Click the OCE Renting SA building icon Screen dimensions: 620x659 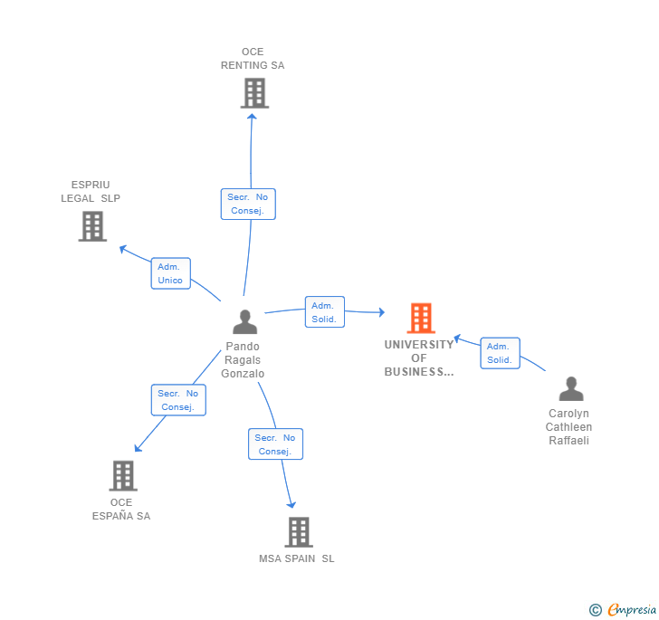[254, 93]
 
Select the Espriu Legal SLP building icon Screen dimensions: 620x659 [92, 226]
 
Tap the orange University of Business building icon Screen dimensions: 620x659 [420, 318]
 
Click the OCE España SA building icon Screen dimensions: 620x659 [122, 475]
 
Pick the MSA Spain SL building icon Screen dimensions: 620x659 [298, 532]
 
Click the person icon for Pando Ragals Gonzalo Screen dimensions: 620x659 [244, 322]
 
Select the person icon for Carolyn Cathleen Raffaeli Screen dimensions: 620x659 [571, 389]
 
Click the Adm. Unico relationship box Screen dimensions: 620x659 [170, 273]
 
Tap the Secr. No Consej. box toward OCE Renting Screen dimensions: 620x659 [248, 204]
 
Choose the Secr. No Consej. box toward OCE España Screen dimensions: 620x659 [178, 400]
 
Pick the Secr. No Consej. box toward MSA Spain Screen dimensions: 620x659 [275, 444]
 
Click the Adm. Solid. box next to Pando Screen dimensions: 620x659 [324, 312]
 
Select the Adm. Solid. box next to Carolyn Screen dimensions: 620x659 [500, 353]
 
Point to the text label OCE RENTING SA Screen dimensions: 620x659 [253, 59]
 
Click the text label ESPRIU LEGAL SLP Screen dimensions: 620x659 [91, 192]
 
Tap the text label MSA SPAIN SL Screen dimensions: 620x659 [297, 558]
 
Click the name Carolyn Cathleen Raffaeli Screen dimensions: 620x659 [570, 427]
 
